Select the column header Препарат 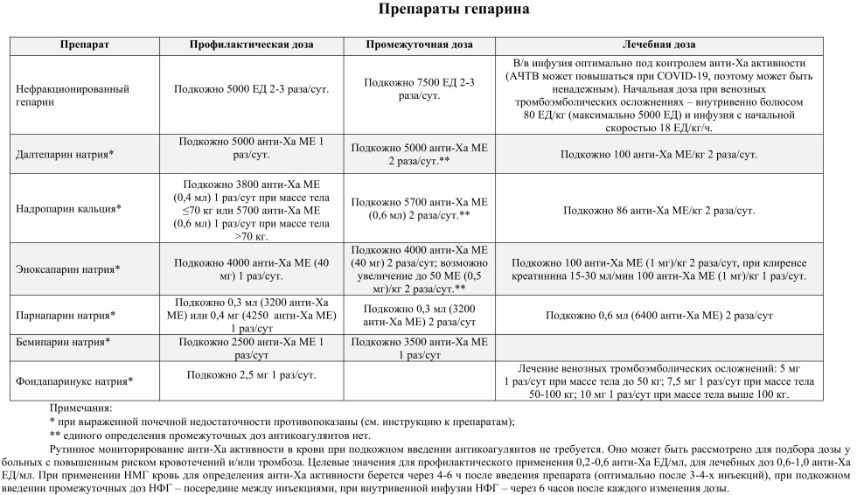tap(85, 45)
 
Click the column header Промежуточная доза tap(419, 45)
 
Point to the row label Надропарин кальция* tap(68, 209)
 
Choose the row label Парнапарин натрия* tap(66, 314)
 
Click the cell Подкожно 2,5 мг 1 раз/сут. tap(252, 374)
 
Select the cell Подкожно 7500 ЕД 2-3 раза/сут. tap(419, 88)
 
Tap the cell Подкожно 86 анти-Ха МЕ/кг tap(658, 210)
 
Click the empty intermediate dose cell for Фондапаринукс tap(419, 380)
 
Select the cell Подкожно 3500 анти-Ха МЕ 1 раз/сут tap(419, 347)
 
